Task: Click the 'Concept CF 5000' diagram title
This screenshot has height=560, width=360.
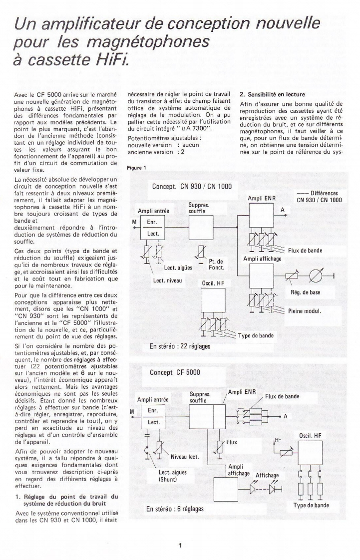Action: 173,372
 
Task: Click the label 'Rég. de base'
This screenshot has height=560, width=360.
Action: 308,292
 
